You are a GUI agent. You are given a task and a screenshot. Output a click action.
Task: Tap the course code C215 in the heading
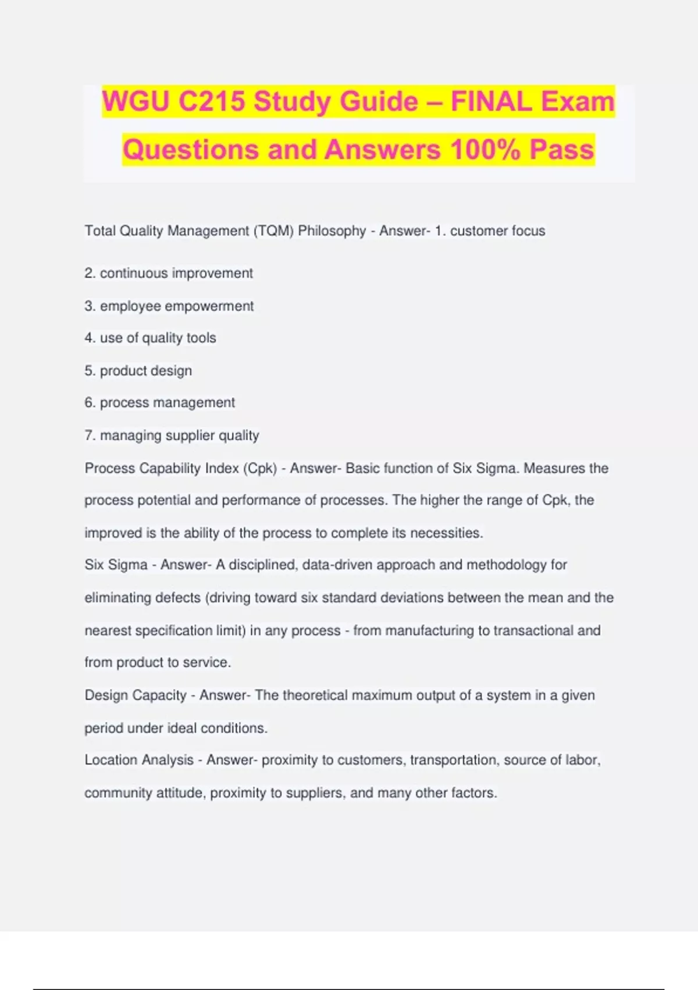point(212,102)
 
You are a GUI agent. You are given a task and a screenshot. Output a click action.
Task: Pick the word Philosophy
point(332,231)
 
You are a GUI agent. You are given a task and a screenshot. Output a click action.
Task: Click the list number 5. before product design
point(90,371)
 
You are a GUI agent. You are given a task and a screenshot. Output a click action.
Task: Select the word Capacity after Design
point(159,695)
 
